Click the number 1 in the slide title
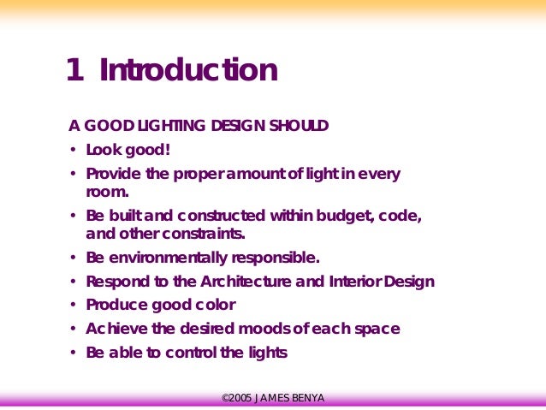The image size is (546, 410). click(x=74, y=70)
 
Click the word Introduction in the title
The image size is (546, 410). click(x=188, y=70)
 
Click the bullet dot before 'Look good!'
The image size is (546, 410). click(x=74, y=151)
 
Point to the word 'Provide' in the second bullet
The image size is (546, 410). click(x=116, y=174)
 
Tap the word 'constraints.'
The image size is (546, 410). click(x=205, y=233)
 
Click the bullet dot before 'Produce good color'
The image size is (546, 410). click(x=74, y=305)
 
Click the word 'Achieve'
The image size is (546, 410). click(x=115, y=329)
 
